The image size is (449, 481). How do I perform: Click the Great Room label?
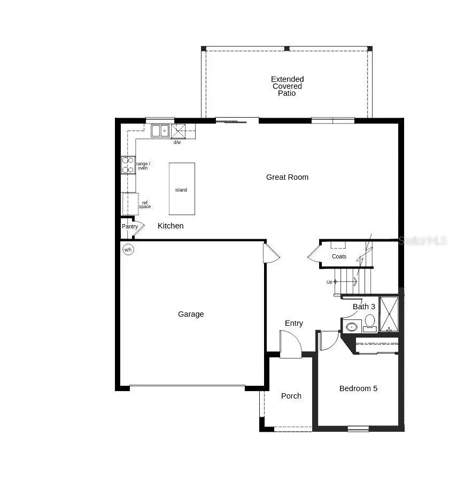(x=287, y=177)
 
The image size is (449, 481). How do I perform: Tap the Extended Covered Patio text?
(x=287, y=86)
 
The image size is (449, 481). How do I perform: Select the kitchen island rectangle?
(x=182, y=189)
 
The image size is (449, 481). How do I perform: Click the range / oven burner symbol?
(x=128, y=165)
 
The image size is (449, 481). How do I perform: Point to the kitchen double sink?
(x=159, y=131)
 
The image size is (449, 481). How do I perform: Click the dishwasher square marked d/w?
(x=178, y=131)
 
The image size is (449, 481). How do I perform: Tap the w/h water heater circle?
(x=128, y=249)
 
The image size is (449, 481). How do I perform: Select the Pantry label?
(x=130, y=226)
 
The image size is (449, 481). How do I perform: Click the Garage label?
(x=191, y=314)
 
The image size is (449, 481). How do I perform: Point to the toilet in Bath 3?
(x=370, y=321)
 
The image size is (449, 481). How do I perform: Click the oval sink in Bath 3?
(x=352, y=326)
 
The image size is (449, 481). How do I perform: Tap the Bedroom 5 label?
(x=358, y=388)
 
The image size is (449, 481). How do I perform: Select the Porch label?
(x=291, y=396)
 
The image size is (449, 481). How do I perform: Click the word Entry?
(x=294, y=323)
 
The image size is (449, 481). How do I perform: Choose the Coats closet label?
(x=339, y=256)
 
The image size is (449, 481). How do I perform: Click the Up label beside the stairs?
(x=329, y=282)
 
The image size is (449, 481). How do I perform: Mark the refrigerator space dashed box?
(x=130, y=204)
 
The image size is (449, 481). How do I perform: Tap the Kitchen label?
(x=171, y=226)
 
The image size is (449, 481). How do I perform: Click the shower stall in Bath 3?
(x=389, y=314)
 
